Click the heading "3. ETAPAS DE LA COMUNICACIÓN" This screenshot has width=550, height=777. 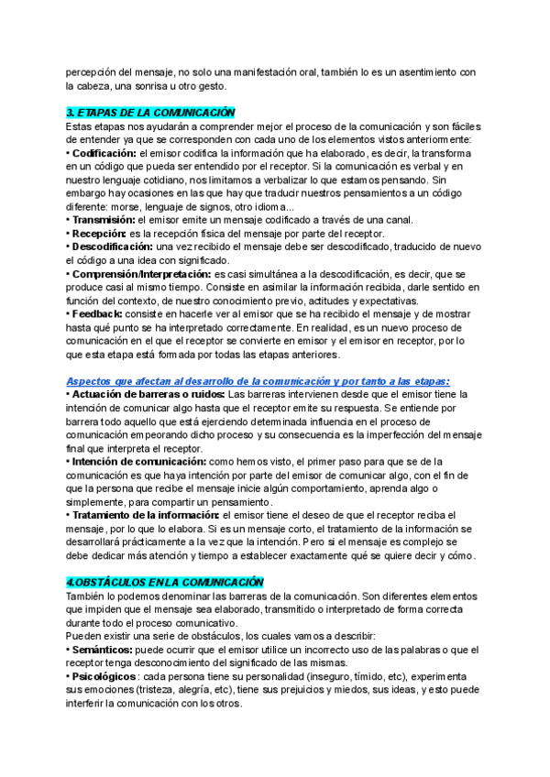point(151,112)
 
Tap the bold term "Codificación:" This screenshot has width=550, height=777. point(104,153)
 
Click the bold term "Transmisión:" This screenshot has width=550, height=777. point(103,220)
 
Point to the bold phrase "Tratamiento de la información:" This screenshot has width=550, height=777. point(140,515)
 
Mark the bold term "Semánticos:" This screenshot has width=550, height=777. point(102,650)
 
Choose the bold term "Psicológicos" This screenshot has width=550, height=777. point(104,676)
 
